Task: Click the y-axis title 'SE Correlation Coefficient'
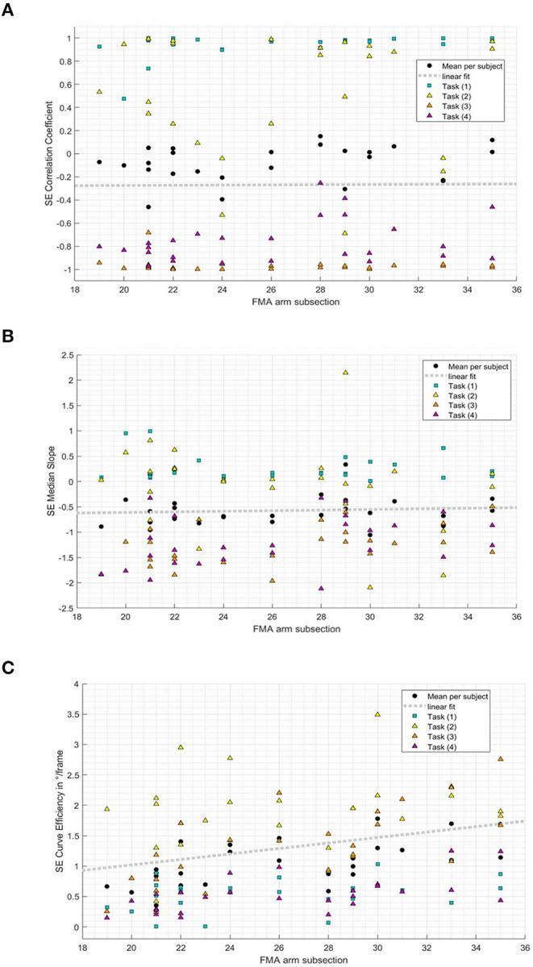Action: click(x=50, y=153)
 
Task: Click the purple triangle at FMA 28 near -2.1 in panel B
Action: click(x=321, y=588)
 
